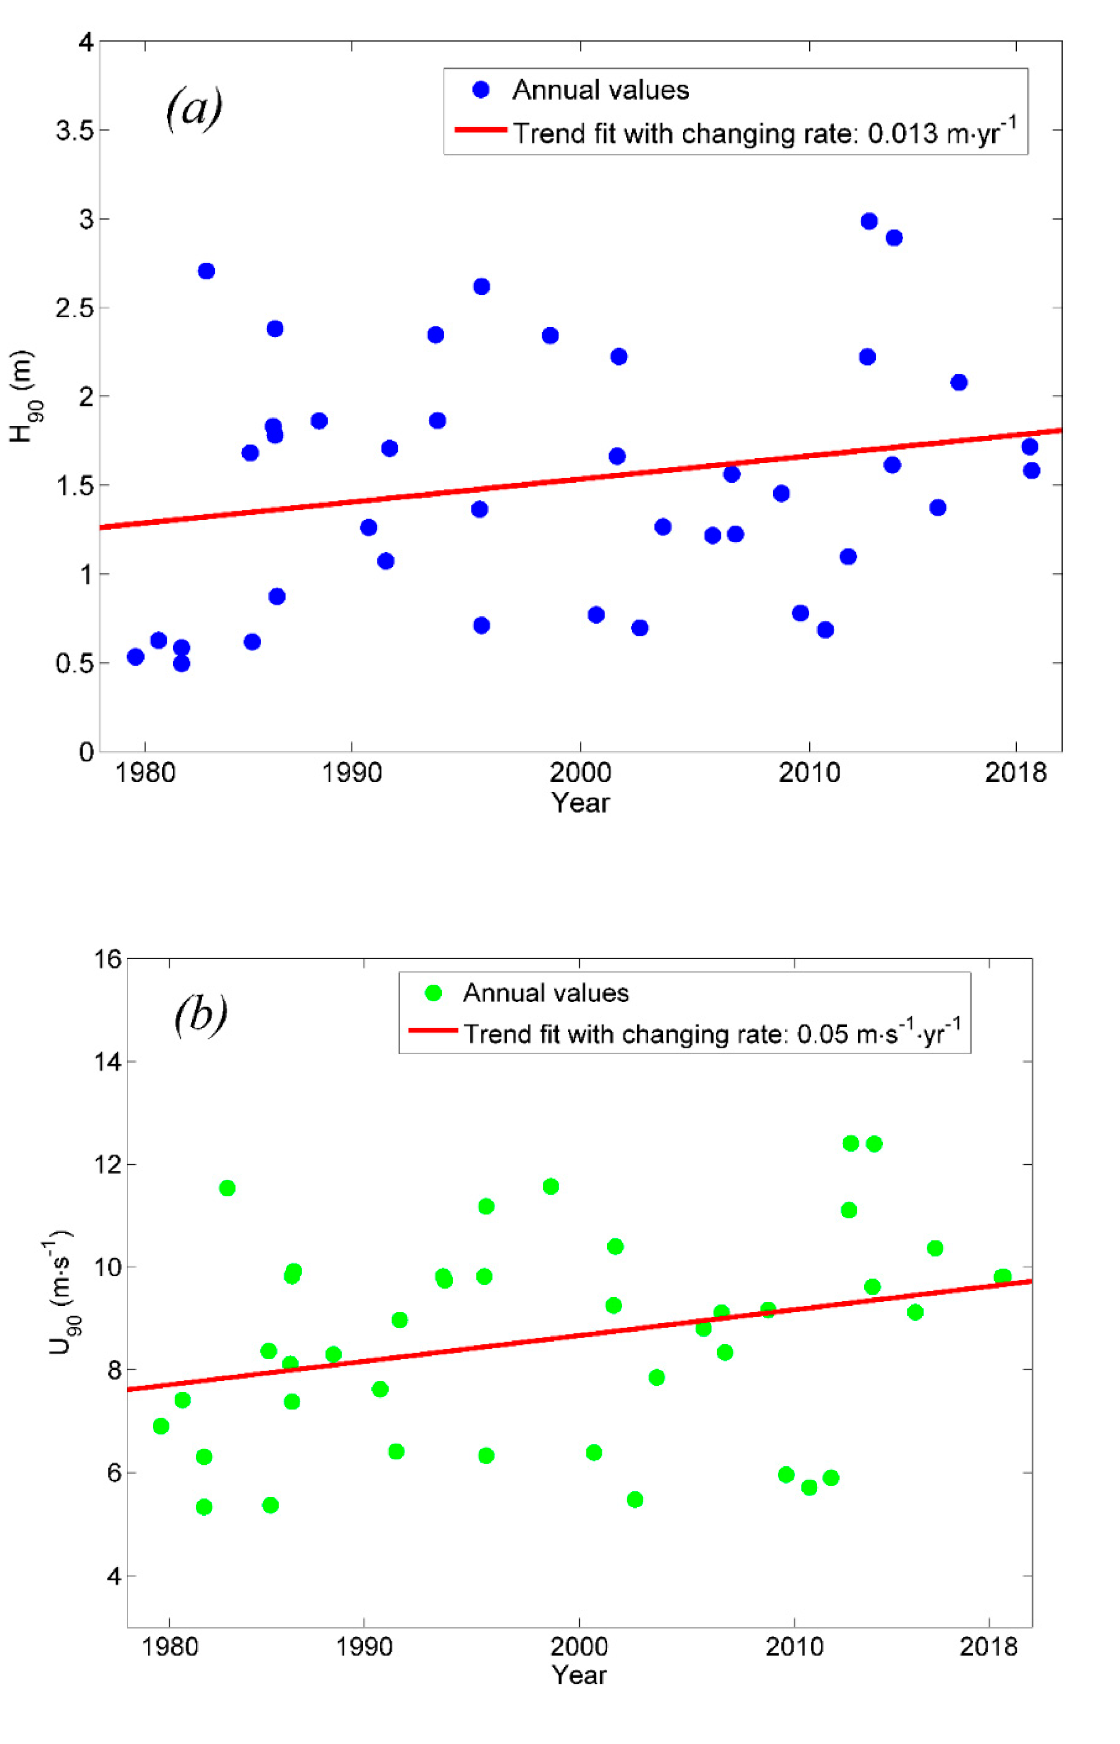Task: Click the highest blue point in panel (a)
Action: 869,221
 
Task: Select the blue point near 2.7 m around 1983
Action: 206,271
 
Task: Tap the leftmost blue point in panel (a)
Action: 135,657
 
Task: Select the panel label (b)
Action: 200,1015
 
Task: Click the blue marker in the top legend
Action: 481,90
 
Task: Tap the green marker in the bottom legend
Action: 434,993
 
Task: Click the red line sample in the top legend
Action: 481,130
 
